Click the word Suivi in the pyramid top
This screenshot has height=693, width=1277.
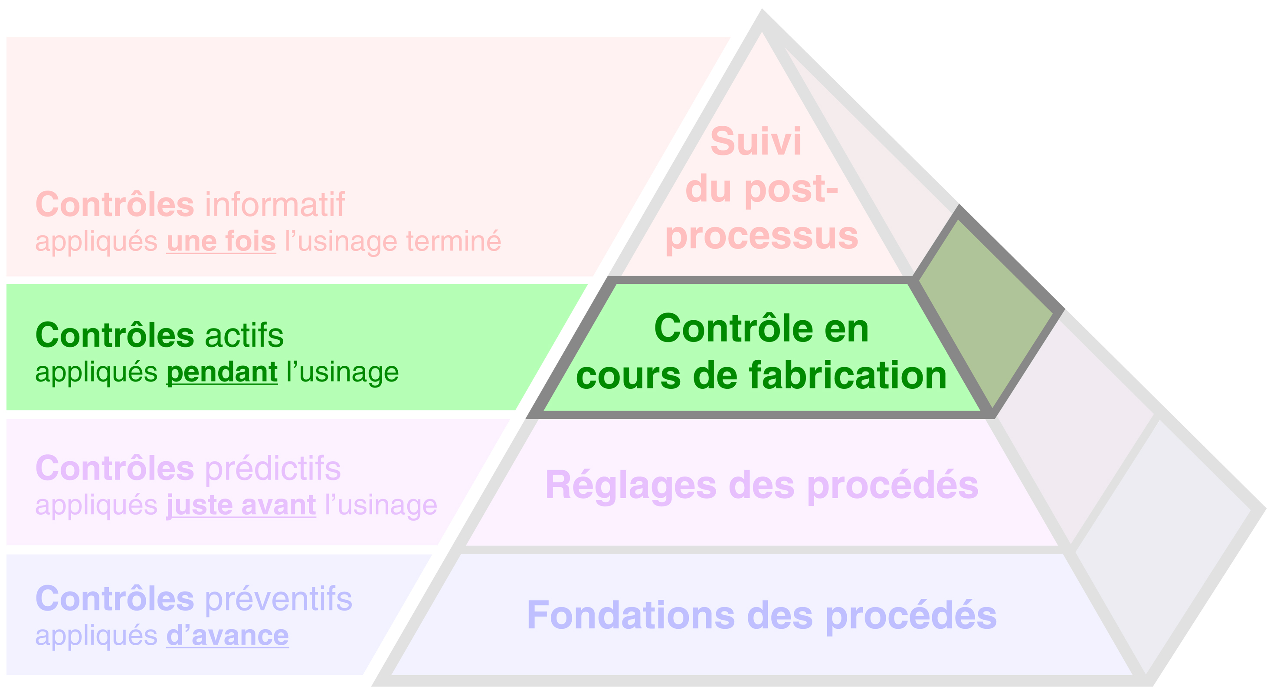[756, 142]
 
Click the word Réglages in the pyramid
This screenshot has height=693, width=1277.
[631, 485]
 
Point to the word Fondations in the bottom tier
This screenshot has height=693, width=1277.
[631, 616]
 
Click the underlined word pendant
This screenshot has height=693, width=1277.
[222, 373]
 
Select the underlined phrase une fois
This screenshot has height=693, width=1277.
[221, 242]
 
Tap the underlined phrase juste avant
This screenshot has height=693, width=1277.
[241, 506]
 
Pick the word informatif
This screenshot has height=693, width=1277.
[275, 204]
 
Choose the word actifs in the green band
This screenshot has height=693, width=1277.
[244, 336]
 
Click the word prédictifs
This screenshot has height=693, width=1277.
[273, 469]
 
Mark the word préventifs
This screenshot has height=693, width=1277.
[278, 599]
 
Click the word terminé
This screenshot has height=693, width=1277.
[453, 242]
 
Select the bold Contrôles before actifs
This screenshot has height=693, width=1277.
[115, 336]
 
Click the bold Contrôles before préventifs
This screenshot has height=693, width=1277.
[115, 599]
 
